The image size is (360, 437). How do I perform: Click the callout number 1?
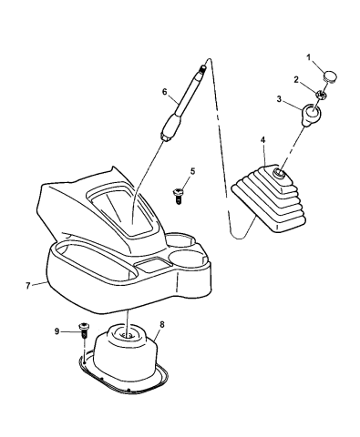(308, 57)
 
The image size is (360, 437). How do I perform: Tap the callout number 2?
(296, 80)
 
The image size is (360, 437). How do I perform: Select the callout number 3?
(279, 99)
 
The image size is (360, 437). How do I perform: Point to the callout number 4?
(262, 140)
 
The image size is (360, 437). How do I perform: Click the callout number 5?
(192, 171)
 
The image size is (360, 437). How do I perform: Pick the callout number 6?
(165, 91)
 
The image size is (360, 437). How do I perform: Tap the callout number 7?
(28, 286)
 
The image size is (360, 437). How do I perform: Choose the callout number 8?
(162, 324)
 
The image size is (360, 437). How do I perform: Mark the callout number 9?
(57, 331)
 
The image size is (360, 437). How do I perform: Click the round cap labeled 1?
(331, 76)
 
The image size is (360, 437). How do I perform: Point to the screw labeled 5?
(177, 196)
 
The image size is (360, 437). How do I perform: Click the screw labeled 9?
(83, 330)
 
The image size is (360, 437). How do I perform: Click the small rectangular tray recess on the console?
(150, 264)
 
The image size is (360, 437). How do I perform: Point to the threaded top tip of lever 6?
(202, 68)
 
